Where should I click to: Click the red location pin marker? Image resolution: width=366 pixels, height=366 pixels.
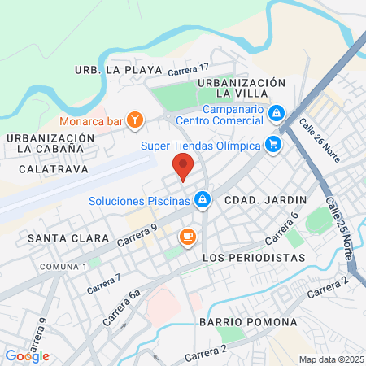[183, 168]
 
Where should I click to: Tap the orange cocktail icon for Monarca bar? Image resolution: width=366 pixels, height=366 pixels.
[136, 121]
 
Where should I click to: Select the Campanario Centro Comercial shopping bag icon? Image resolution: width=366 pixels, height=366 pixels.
[277, 112]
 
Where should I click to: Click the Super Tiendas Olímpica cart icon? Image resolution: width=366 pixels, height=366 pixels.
[273, 145]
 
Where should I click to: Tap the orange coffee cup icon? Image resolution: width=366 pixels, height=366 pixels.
[187, 237]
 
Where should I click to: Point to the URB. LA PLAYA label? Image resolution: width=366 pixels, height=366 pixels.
[118, 70]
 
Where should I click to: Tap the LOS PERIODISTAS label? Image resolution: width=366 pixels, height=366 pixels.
[253, 257]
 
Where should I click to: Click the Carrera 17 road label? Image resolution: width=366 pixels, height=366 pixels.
[189, 71]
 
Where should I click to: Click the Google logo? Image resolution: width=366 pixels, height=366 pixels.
[28, 355]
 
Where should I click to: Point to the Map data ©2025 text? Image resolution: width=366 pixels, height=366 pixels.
[329, 359]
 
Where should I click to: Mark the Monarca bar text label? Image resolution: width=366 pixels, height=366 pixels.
[98, 121]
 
